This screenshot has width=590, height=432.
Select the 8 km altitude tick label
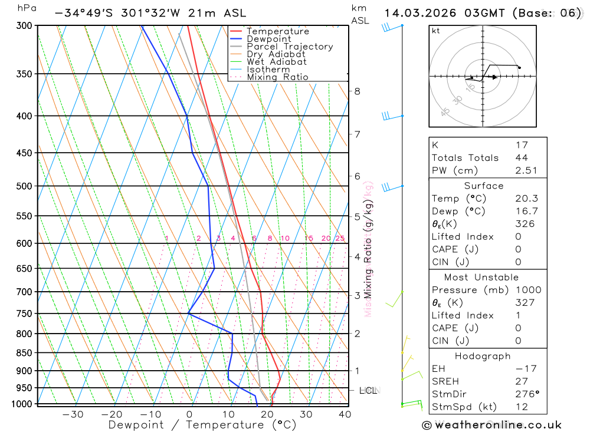[x=357, y=91]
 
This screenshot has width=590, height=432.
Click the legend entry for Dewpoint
[x=268, y=39]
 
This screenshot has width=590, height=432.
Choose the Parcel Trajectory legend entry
[x=289, y=47]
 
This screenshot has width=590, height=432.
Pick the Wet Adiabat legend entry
[x=276, y=62]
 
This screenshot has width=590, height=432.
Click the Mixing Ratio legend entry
[x=277, y=77]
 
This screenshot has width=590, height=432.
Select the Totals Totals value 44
[x=521, y=157]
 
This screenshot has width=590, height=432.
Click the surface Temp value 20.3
[x=526, y=199]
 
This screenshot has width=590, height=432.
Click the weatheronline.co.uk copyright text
[x=491, y=425]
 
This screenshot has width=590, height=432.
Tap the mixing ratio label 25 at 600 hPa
[x=340, y=238]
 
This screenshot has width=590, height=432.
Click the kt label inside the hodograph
[x=436, y=31]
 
